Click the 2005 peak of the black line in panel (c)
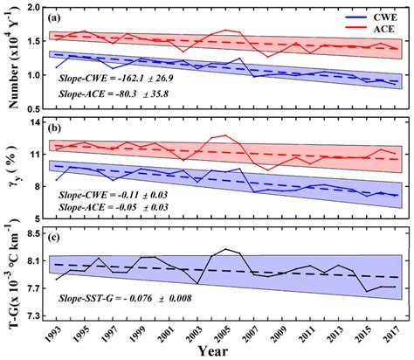coord(225,249)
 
